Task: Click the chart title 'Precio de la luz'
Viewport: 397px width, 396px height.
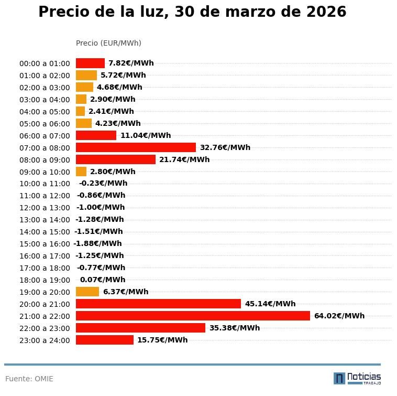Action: coord(192,12)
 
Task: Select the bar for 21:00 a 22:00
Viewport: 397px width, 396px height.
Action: coord(193,316)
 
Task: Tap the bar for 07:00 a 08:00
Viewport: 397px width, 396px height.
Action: coord(136,147)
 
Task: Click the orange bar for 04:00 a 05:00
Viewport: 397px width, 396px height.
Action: coord(80,111)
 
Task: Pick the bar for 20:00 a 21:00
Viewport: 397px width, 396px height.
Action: coord(158,304)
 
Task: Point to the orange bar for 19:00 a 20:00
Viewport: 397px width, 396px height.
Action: coord(87,292)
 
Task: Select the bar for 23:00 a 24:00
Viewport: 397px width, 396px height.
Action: coord(105,340)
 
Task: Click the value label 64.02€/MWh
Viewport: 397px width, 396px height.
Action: coord(339,316)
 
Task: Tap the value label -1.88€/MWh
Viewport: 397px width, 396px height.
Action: coord(97,243)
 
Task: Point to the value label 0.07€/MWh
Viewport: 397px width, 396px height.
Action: coord(102,280)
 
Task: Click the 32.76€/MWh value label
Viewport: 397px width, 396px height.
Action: coord(225,147)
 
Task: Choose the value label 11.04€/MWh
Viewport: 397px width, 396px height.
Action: coord(146,135)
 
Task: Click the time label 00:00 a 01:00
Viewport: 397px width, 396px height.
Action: coord(45,63)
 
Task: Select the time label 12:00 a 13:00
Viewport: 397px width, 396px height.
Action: coord(45,208)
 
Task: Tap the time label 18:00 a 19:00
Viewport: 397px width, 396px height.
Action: coord(45,280)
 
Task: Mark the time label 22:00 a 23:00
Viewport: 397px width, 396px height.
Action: coord(45,328)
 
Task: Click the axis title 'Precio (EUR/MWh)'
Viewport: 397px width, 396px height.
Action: coord(108,43)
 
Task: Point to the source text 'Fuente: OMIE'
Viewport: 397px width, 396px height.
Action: coord(29,379)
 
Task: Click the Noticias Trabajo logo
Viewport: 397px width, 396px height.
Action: coord(357,378)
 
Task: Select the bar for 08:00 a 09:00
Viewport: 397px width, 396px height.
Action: coord(116,159)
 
